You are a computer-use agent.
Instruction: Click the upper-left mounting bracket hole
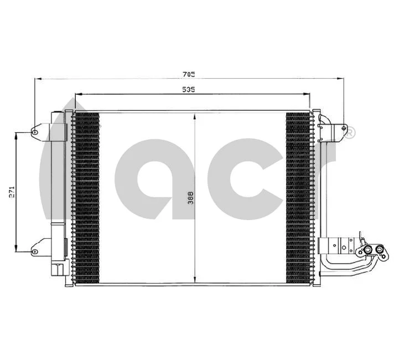click(34, 132)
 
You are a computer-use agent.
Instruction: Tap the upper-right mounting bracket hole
click(343, 123)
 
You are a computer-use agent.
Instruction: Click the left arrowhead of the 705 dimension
click(38, 79)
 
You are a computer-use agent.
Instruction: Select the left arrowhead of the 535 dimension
click(77, 94)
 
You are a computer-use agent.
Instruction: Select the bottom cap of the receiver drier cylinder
click(57, 270)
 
